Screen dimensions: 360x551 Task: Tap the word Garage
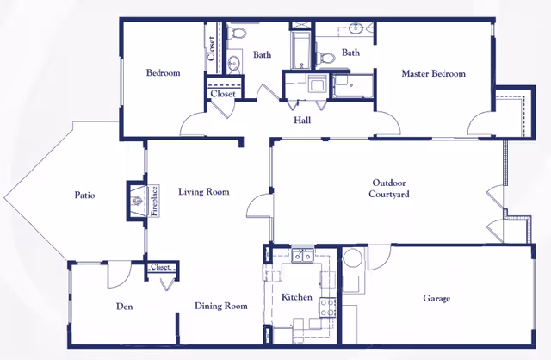[436, 299]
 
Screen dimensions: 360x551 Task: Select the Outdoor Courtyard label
[390, 189]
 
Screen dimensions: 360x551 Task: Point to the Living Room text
[204, 192]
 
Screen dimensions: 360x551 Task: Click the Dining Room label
[220, 306]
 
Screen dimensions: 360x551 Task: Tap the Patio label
[84, 196]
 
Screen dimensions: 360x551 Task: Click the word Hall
[302, 121]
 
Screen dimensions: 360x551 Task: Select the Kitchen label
[297, 297]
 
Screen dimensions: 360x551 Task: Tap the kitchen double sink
[301, 255]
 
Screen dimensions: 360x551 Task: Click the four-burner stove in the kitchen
[327, 307]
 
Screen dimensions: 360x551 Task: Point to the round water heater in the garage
[352, 258]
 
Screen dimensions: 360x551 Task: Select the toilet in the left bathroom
[238, 34]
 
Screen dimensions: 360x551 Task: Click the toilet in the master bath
[326, 58]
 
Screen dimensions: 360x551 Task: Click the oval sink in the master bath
[359, 28]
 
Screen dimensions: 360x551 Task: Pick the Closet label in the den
[161, 268]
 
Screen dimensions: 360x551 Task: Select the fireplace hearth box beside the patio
[136, 202]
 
